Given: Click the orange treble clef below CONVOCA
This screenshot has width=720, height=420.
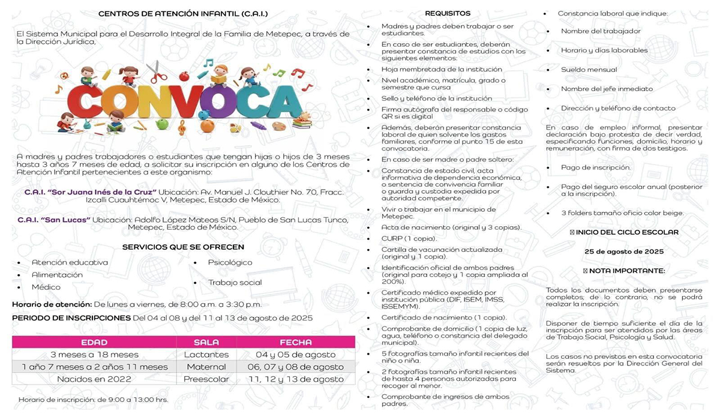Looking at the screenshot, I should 182,127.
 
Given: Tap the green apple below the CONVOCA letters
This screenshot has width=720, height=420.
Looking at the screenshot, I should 161,124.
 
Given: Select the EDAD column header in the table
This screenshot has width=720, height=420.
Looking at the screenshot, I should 94,342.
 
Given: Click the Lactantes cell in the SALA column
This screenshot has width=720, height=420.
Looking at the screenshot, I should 206,355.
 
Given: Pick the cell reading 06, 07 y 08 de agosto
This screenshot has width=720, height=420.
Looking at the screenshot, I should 295,367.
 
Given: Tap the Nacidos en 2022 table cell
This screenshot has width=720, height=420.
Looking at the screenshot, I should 94,379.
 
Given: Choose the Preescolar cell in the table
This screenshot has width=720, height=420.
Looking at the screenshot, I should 206,379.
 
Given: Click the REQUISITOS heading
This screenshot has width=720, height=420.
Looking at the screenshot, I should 448,13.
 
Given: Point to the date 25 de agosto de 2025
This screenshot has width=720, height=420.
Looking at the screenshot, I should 624,251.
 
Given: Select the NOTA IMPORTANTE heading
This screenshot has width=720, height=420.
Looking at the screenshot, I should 624,271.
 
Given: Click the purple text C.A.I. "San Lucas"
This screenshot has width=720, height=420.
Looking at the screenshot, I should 57,220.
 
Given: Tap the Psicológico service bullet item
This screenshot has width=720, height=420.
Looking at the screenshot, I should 230,263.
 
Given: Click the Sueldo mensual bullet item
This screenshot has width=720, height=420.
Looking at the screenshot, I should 589,70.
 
